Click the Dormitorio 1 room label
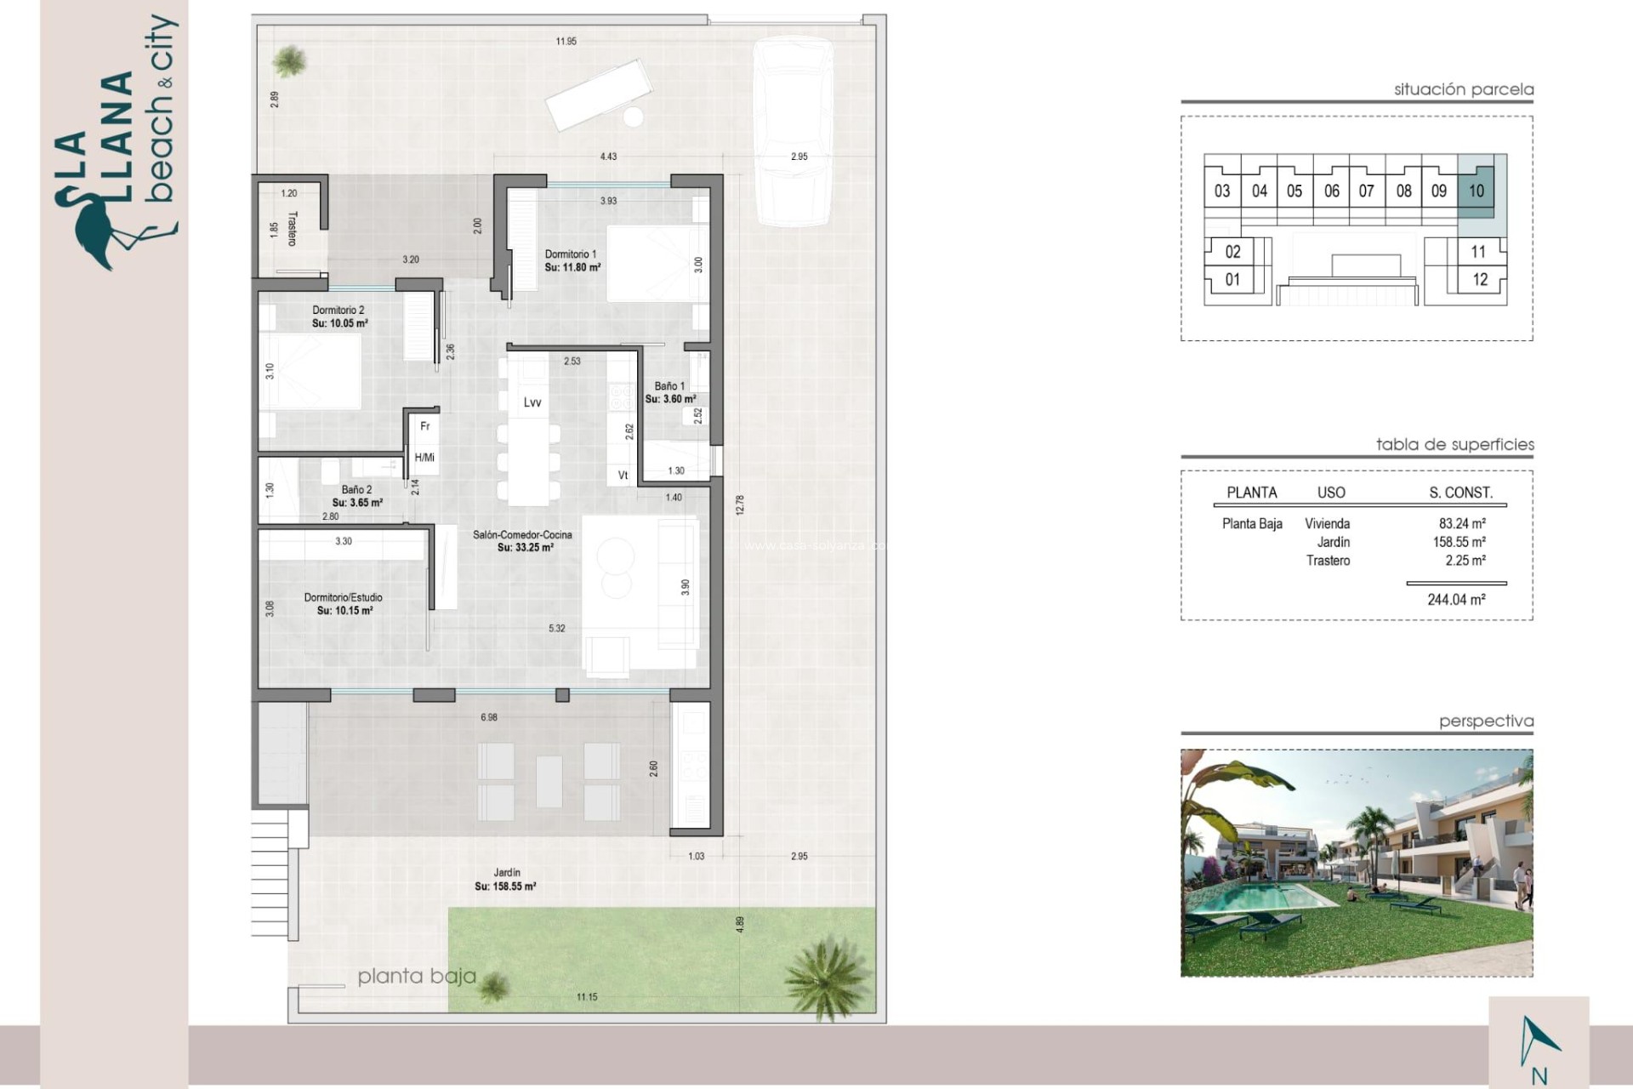pyautogui.click(x=571, y=254)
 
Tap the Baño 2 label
pyautogui.click(x=356, y=490)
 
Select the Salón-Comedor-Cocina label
pyautogui.click(x=522, y=535)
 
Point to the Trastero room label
pyautogui.click(x=293, y=229)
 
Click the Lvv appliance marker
pyautogui.click(x=532, y=402)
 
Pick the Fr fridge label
pyautogui.click(x=425, y=426)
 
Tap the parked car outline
pyautogui.click(x=793, y=132)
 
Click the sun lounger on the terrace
pyautogui.click(x=599, y=94)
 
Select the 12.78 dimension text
pyautogui.click(x=740, y=505)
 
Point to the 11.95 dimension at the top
pyautogui.click(x=566, y=41)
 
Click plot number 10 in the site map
pyautogui.click(x=1477, y=191)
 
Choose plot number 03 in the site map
pyautogui.click(x=1222, y=191)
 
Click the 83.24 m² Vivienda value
pyautogui.click(x=1462, y=524)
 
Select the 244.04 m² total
pyautogui.click(x=1456, y=600)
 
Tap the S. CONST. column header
pyautogui.click(x=1460, y=493)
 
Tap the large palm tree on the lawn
pyautogui.click(x=827, y=977)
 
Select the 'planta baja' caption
pyautogui.click(x=417, y=976)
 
